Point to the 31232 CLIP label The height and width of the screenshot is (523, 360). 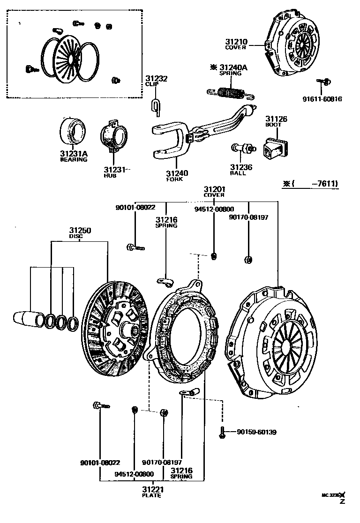[156, 79]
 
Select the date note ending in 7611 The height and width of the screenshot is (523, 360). [310, 184]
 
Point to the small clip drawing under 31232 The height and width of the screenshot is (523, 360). [156, 106]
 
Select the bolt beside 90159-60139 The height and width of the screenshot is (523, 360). [223, 432]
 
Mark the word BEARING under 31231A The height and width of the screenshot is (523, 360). [74, 159]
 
